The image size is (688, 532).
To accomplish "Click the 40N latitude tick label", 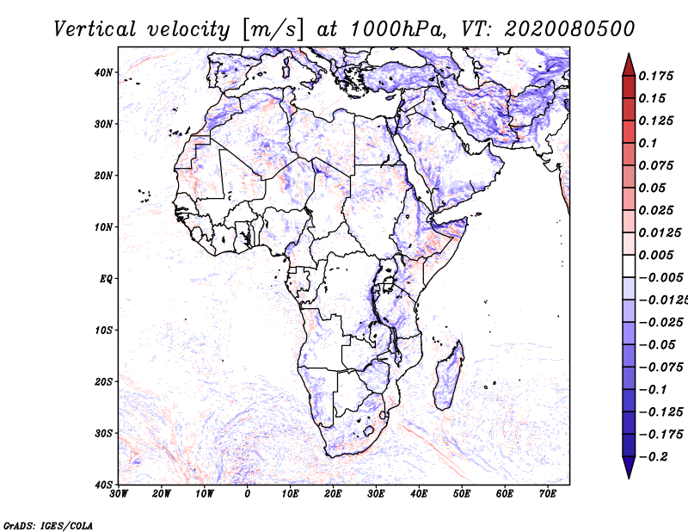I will click(x=103, y=72).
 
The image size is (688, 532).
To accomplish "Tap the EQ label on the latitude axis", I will click(x=105, y=279).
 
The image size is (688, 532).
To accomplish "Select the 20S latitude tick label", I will click(x=103, y=381).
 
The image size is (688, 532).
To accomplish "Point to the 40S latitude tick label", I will click(x=103, y=485).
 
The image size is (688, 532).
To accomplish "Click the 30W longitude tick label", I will click(x=119, y=494).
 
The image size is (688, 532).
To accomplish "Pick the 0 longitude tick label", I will click(x=248, y=494).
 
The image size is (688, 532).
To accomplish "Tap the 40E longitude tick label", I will click(x=420, y=494).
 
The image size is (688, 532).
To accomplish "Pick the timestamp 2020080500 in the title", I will click(x=570, y=28).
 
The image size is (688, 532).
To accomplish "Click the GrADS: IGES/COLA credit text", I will click(x=48, y=524).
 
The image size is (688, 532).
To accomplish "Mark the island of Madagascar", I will click(x=448, y=379).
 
